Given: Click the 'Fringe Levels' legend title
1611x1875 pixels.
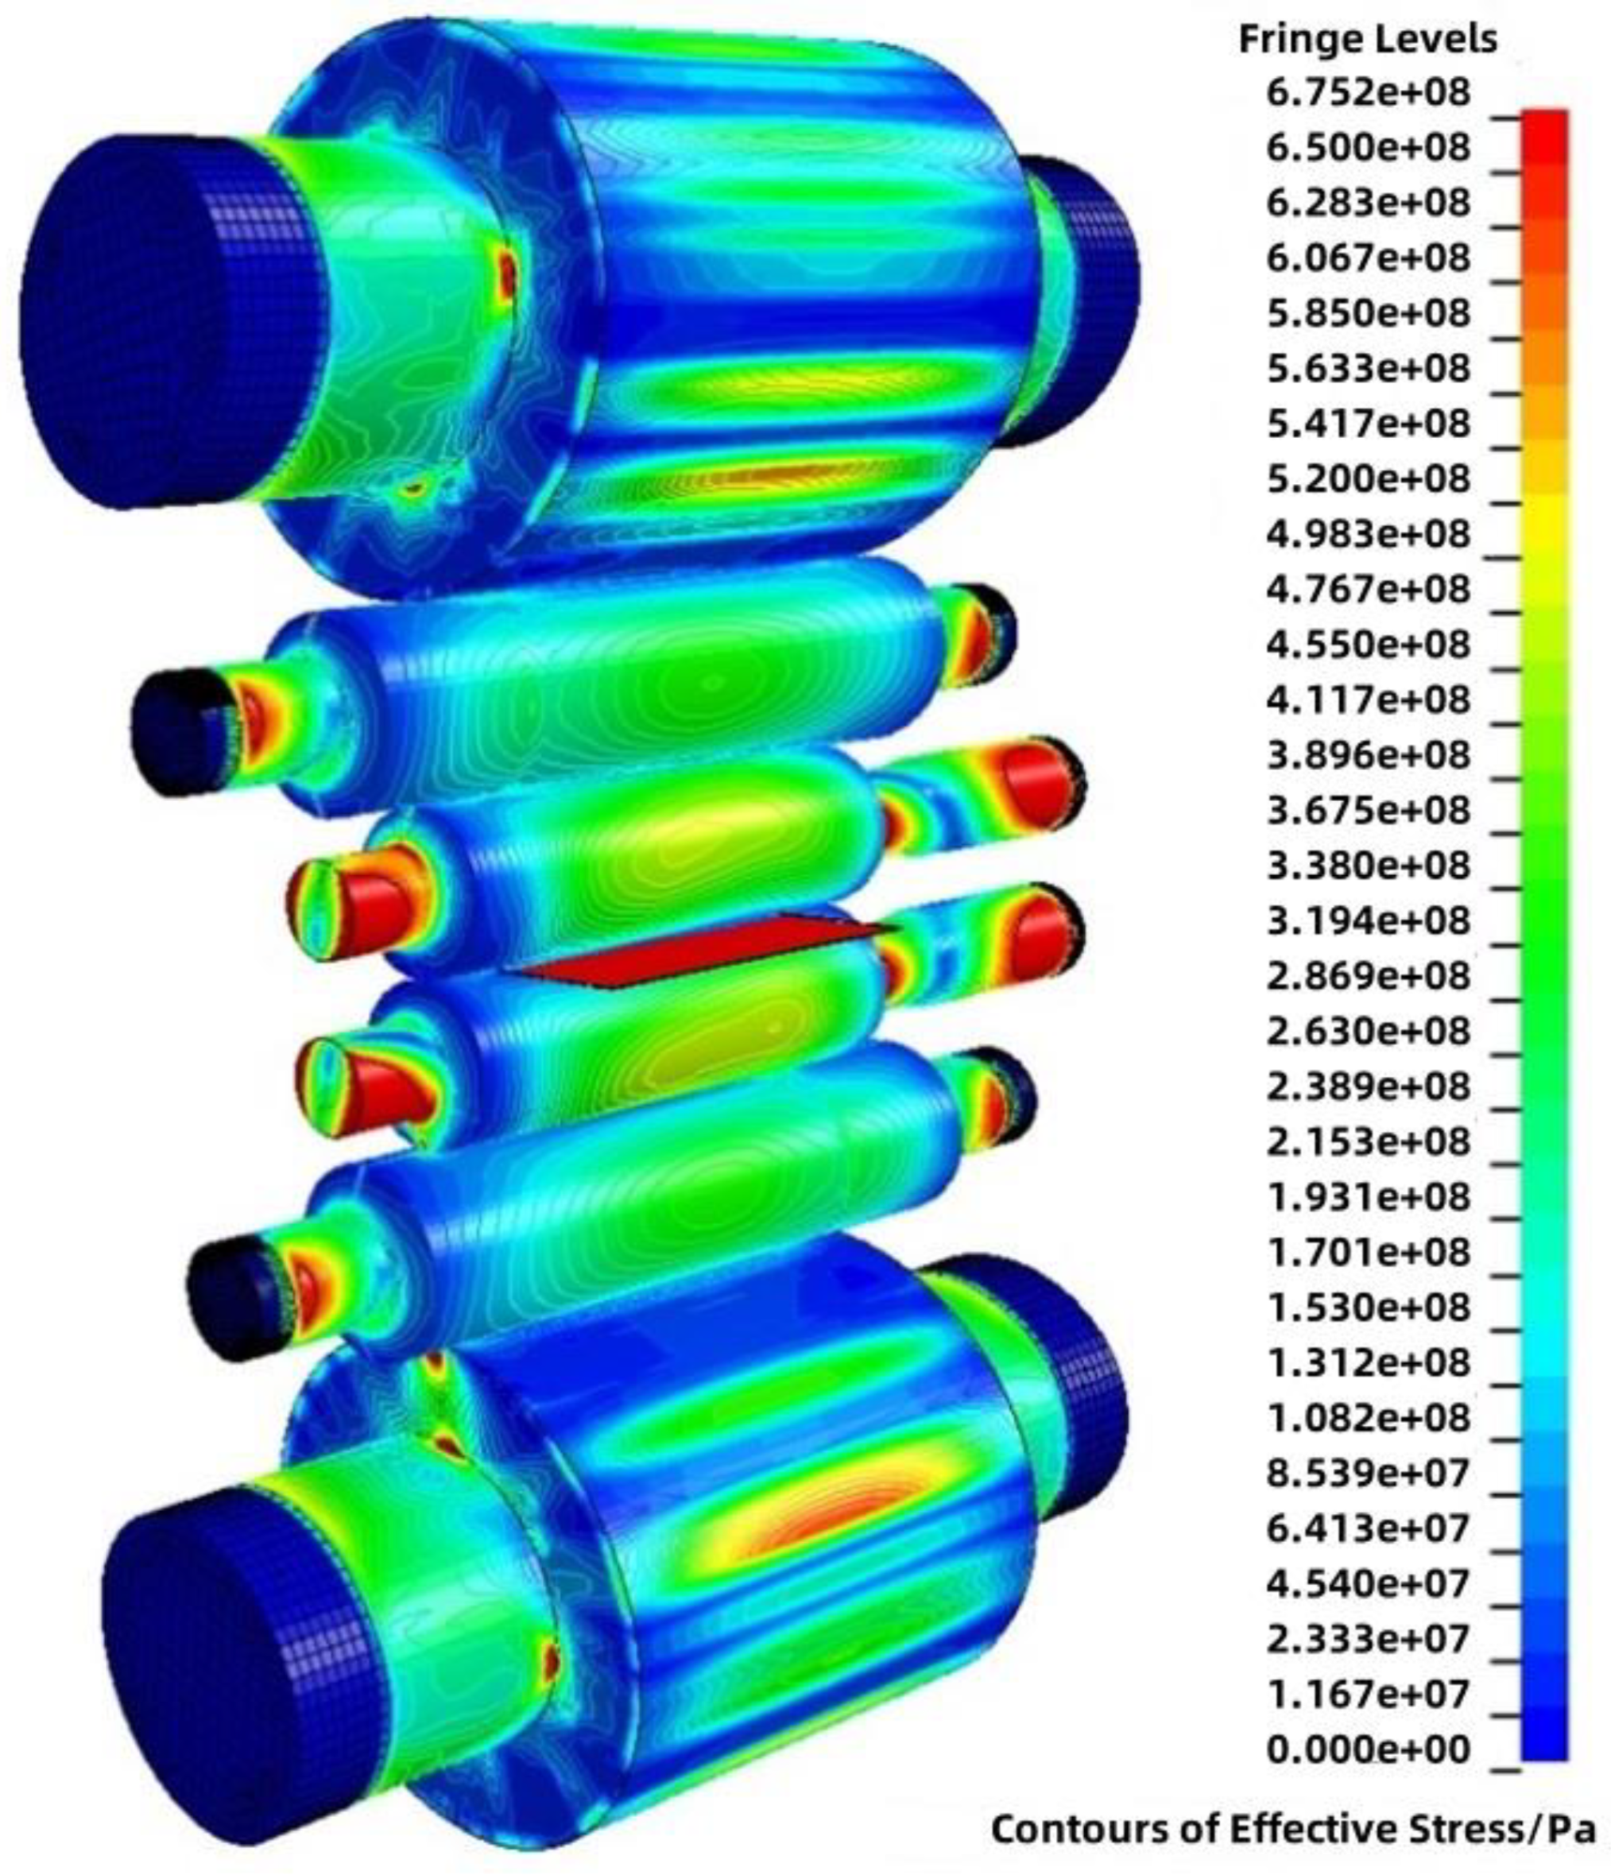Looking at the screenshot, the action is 1368,39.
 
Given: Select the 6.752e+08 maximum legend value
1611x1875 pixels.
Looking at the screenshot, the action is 1368,93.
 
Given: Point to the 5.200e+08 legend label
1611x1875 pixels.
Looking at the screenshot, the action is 1368,478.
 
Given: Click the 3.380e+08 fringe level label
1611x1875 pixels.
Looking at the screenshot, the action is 1368,866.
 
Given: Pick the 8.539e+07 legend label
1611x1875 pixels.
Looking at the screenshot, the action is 1368,1474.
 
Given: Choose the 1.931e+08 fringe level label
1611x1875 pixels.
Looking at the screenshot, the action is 1368,1197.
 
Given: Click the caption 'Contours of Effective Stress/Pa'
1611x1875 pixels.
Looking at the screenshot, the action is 1292,1829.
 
